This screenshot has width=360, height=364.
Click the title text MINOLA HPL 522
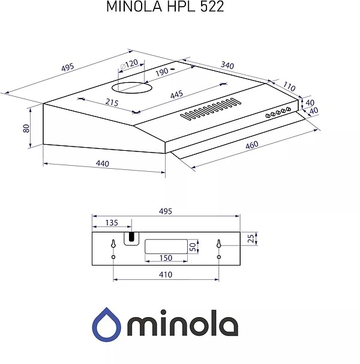pyautogui.click(x=165, y=7)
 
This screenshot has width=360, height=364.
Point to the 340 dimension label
pyautogui.click(x=227, y=65)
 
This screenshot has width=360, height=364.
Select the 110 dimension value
pyautogui.click(x=290, y=86)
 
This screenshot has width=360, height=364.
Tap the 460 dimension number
pyautogui.click(x=253, y=145)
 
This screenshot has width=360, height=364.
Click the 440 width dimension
pyautogui.click(x=102, y=163)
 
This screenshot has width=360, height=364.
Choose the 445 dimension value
pyautogui.click(x=176, y=95)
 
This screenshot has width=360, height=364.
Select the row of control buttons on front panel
pyautogui.click(x=278, y=112)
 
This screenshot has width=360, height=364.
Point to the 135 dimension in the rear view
pyautogui.click(x=112, y=222)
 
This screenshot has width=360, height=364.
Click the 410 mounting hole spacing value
pyautogui.click(x=166, y=275)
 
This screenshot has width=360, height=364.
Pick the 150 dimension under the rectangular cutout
pyautogui.click(x=166, y=258)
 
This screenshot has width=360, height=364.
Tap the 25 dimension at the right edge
pyautogui.click(x=250, y=238)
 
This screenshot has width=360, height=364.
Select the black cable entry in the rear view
pyautogui.click(x=130, y=238)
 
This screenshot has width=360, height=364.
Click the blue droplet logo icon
pyautogui.click(x=107, y=324)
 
